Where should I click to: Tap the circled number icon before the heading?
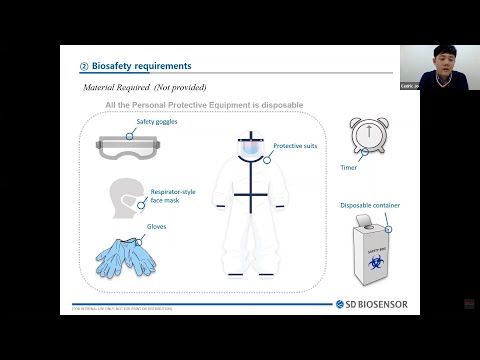pyautogui.click(x=85, y=67)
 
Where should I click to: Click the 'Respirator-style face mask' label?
pyautogui.click(x=170, y=196)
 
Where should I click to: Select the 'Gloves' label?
pyautogui.click(x=156, y=227)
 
